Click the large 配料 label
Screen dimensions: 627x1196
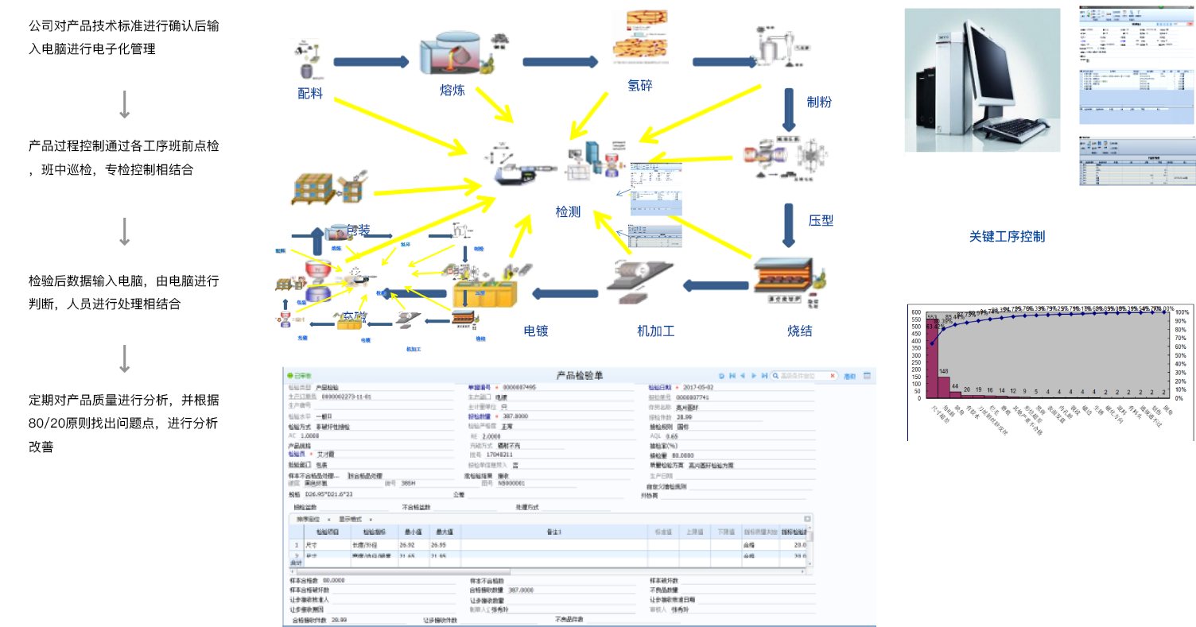(310, 93)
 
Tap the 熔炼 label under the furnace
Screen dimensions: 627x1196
(452, 90)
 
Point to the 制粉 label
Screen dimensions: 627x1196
(819, 102)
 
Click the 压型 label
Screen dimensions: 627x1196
(821, 220)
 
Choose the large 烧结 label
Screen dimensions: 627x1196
(800, 331)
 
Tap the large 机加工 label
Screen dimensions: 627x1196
(656, 331)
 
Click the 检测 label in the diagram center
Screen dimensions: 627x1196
(568, 212)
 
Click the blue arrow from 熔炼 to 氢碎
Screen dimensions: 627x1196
(561, 62)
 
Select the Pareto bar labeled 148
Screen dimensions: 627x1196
(943, 386)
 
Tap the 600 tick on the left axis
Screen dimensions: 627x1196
(915, 312)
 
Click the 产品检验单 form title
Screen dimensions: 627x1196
(579, 375)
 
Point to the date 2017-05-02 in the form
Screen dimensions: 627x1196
(699, 387)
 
